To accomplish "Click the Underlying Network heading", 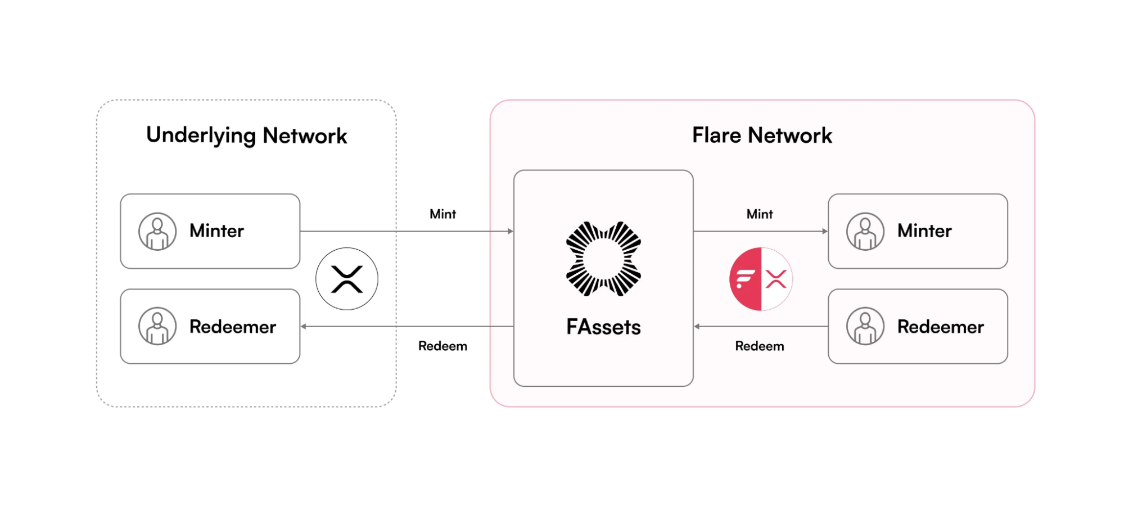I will (246, 135).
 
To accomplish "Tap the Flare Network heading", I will (761, 135).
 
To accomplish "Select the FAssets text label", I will (603, 327).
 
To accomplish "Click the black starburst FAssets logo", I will (603, 259).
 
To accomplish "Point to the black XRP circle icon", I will (347, 279).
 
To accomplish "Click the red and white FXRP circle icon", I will (761, 279).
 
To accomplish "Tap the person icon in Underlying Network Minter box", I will (157, 231).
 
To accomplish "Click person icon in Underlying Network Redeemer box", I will (157, 326).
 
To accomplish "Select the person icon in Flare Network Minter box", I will (865, 231).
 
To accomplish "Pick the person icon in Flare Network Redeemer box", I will (865, 326).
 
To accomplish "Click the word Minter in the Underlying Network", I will (216, 231).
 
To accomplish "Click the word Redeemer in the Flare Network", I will (940, 327).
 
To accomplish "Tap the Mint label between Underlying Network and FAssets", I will (443, 214).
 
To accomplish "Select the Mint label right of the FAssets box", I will (760, 214).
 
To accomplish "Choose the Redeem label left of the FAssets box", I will (443, 346).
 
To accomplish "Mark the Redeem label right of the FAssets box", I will (760, 346).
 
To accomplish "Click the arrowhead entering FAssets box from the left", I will (511, 231).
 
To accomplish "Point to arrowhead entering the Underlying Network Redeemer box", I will (304, 326).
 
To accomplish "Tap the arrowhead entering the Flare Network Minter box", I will (825, 231).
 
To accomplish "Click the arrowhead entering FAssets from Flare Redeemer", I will (697, 326).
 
